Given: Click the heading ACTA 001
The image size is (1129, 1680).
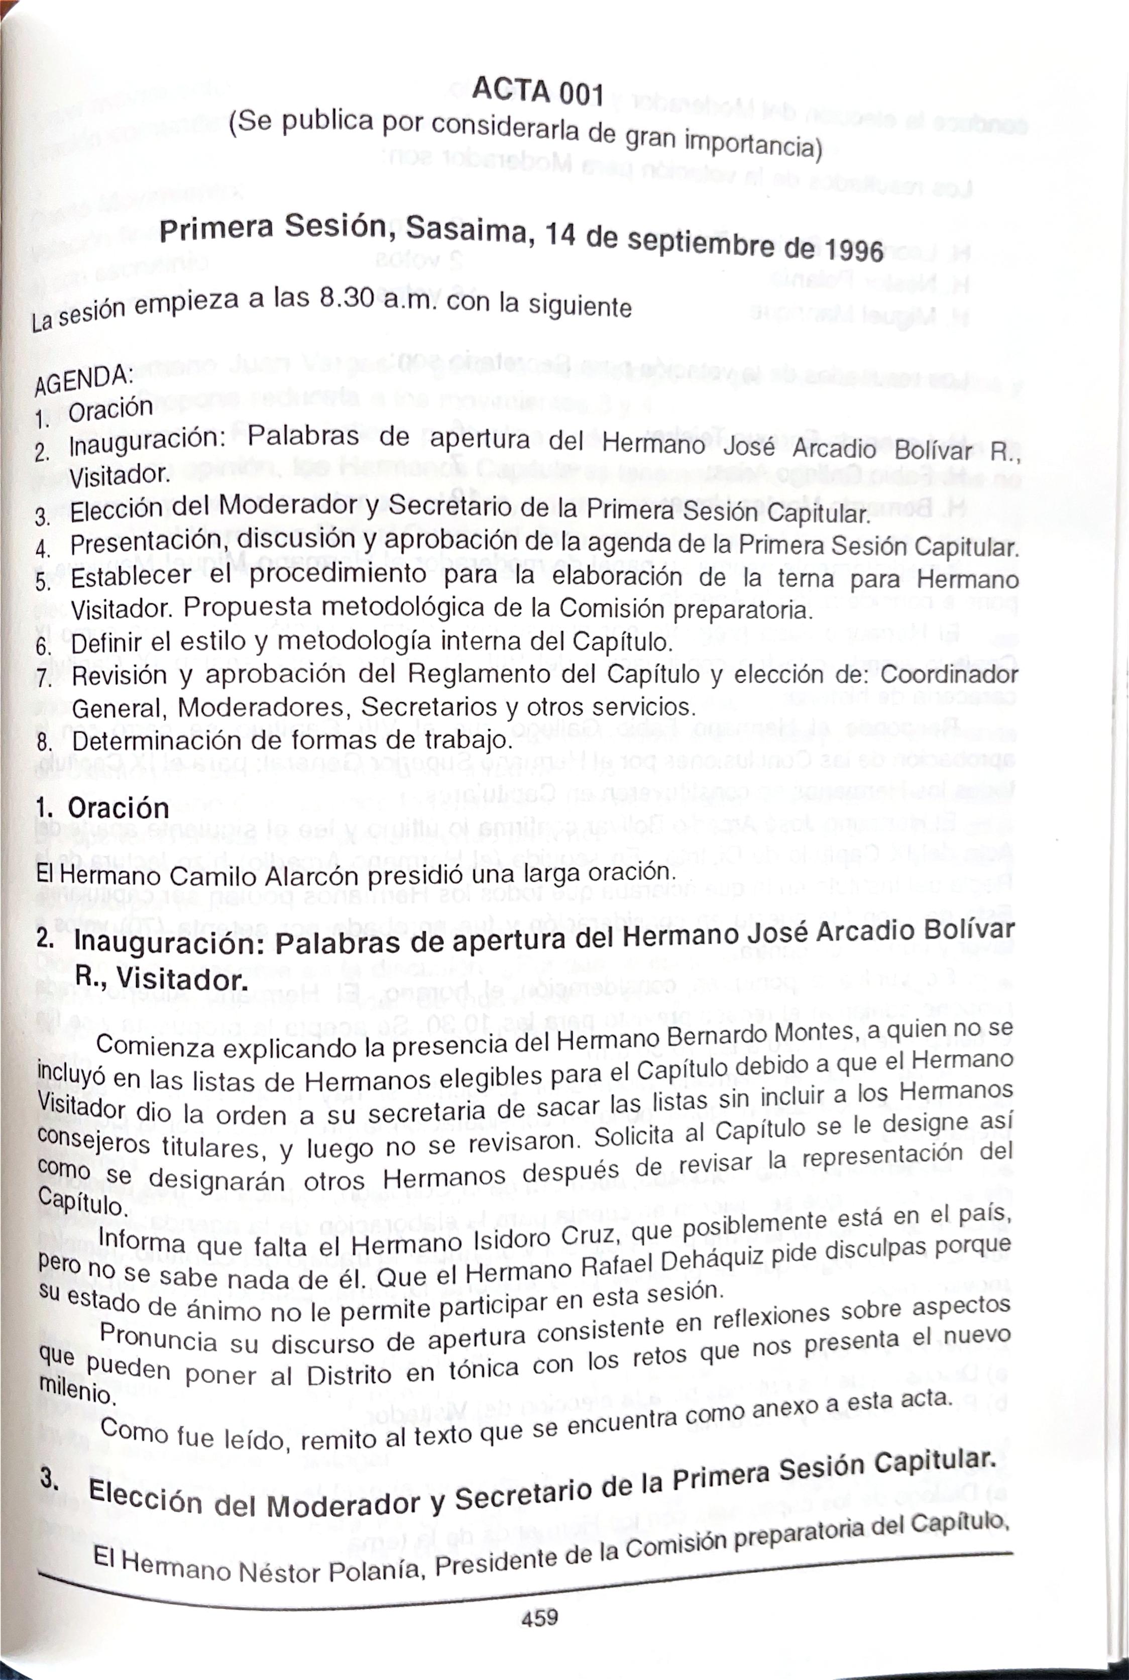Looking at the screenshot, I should pyautogui.click(x=537, y=91).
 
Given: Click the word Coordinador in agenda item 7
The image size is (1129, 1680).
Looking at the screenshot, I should pyautogui.click(x=949, y=675).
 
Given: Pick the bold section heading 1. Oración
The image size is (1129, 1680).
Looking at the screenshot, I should pyautogui.click(x=102, y=808).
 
